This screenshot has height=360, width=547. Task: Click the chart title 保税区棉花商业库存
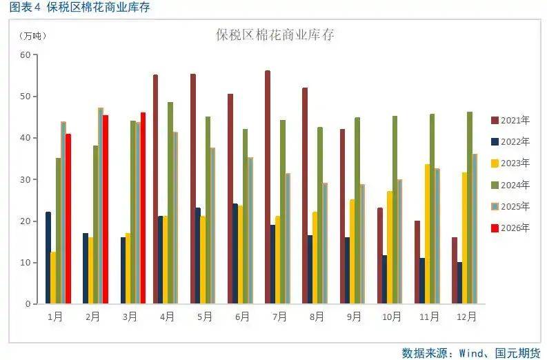pos(275,34)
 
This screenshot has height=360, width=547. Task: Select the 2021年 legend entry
pos(510,120)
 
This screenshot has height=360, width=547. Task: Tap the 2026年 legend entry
pos(510,228)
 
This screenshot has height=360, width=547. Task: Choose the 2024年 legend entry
pos(510,185)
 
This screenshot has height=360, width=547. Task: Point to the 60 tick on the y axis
pos(25,55)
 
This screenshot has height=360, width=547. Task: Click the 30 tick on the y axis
pos(25,180)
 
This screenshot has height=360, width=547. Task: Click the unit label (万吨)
pos(30,36)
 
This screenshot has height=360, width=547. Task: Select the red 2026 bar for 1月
pos(68,219)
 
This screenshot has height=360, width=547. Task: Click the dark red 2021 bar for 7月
pos(268,187)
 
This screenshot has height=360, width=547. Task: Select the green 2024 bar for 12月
pos(470,208)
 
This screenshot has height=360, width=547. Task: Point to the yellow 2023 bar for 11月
pos(428,234)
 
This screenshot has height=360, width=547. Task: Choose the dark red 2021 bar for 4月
pos(155,189)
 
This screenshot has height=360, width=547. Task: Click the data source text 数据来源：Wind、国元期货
pos(470,352)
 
